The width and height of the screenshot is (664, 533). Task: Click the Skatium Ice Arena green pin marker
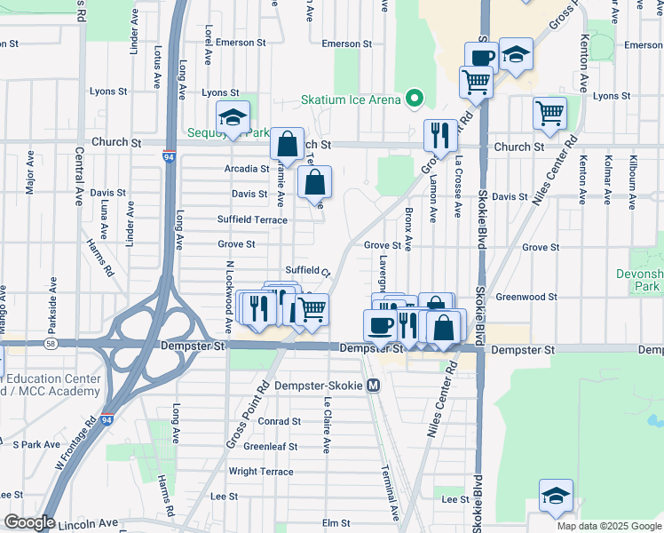[x=414, y=99]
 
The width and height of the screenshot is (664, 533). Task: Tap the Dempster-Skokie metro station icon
[x=374, y=386]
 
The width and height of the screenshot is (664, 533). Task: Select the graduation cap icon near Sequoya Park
[x=233, y=117]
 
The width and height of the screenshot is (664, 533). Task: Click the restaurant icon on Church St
[x=440, y=135]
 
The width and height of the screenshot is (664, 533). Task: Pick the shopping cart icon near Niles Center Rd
[x=549, y=113]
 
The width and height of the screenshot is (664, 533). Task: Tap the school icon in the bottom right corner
[x=556, y=496]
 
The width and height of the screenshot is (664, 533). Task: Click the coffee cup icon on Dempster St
[x=380, y=325]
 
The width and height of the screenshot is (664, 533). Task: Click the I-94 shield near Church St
[x=169, y=157]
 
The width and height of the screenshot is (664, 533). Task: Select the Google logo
[x=28, y=522]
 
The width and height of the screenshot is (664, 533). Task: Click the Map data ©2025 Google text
[x=608, y=526]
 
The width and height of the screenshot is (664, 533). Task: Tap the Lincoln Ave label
[x=89, y=524]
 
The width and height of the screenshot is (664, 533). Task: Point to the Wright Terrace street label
[x=260, y=472]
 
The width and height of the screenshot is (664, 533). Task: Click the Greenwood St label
[x=526, y=297]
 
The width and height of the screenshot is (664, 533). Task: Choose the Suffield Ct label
[x=307, y=271]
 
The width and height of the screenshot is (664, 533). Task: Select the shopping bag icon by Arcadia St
[x=287, y=144]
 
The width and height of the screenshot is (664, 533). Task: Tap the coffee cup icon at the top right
[x=480, y=58]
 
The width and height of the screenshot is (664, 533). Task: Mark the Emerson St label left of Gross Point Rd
[x=347, y=44]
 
